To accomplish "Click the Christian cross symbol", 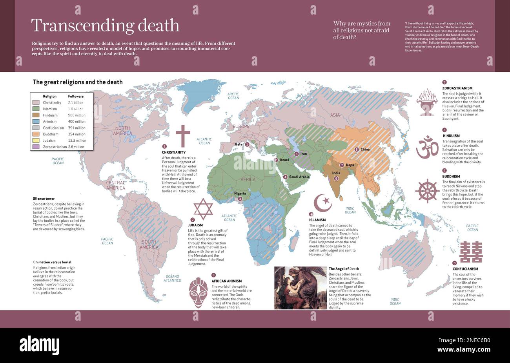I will tap(182, 136).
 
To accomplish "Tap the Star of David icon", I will tap(203, 209).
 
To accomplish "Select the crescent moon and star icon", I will tap(323, 202).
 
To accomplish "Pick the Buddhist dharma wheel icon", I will tap(427, 191).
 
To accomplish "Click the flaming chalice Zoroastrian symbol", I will tap(427, 102).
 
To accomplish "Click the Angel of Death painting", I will tap(300, 288).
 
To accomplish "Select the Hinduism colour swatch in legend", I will tap(36, 115).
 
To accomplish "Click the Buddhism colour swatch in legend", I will tap(36, 134).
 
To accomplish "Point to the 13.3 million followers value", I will tap(77, 140).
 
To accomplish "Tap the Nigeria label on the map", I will tap(240, 193).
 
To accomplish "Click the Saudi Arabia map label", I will tap(299, 177).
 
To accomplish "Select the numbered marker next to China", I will tap(356, 150).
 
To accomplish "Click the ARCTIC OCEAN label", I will tap(233, 96).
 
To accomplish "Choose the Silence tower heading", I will tap(44, 199).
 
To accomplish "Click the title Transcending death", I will tap(105, 26).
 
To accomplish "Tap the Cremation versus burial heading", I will tap(52, 262).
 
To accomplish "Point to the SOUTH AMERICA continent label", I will tap(149, 244).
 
